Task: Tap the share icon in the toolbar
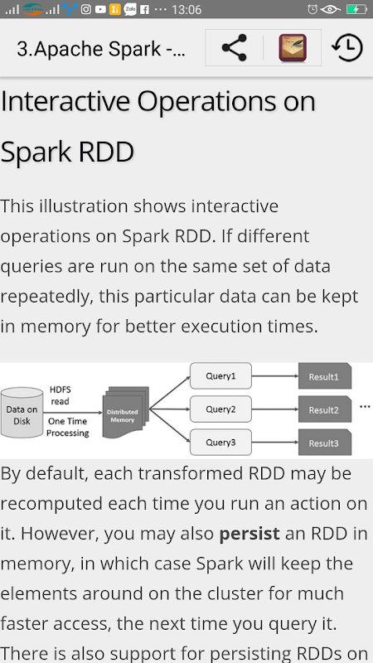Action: pyautogui.click(x=234, y=48)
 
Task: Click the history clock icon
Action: pyautogui.click(x=347, y=48)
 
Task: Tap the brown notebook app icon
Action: pyautogui.click(x=293, y=48)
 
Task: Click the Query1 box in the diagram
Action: pyautogui.click(x=220, y=375)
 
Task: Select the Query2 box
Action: pyautogui.click(x=220, y=409)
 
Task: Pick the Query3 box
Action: pyautogui.click(x=220, y=443)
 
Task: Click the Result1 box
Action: pyautogui.click(x=325, y=376)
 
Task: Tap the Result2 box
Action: pyautogui.click(x=325, y=409)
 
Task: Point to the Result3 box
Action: pyautogui.click(x=325, y=443)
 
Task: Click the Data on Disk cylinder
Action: pyautogui.click(x=22, y=412)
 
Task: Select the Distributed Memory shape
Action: pyautogui.click(x=126, y=412)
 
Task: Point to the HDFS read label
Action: pyautogui.click(x=60, y=395)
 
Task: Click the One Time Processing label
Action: pyautogui.click(x=68, y=427)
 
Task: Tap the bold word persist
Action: pyautogui.click(x=249, y=534)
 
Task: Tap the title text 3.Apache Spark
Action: pyautogui.click(x=101, y=49)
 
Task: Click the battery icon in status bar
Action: pyautogui.click(x=356, y=9)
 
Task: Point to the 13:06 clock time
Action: pyautogui.click(x=186, y=10)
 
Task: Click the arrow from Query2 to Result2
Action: pyautogui.click(x=275, y=409)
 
